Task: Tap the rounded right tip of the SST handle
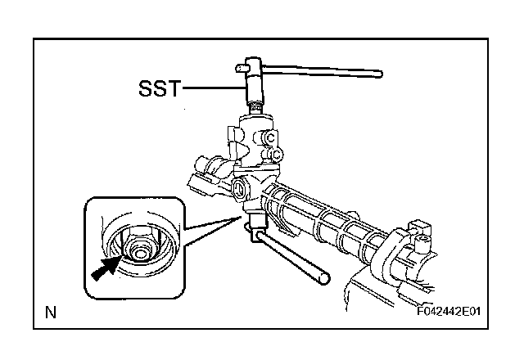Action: point(380,74)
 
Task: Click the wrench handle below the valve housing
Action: point(291,258)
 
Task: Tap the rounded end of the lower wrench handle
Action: point(325,280)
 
